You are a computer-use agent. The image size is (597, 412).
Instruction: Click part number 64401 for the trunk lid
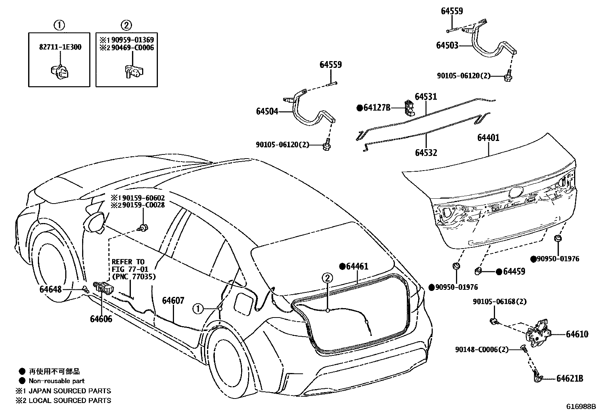tap(488, 138)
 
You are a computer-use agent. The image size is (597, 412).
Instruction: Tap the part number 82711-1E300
tap(60, 48)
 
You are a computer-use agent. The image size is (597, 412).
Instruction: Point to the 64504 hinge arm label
tap(267, 111)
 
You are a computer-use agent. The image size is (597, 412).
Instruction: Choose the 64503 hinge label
tap(447, 45)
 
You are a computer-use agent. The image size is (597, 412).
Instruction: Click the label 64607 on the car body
tap(173, 300)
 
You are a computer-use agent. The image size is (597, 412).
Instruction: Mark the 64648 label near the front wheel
tap(51, 289)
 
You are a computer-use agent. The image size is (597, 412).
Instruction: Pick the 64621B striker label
tap(570, 379)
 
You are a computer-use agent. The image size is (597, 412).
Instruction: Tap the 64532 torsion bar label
tap(426, 153)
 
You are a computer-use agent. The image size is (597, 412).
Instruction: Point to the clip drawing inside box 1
tap(59, 71)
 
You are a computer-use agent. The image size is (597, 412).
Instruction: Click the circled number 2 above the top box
tap(126, 25)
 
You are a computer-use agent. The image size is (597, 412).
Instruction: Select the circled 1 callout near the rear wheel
tap(198, 309)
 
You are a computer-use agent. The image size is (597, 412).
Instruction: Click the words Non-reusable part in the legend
tap(57, 381)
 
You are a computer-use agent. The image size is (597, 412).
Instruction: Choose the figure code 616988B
tap(581, 406)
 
